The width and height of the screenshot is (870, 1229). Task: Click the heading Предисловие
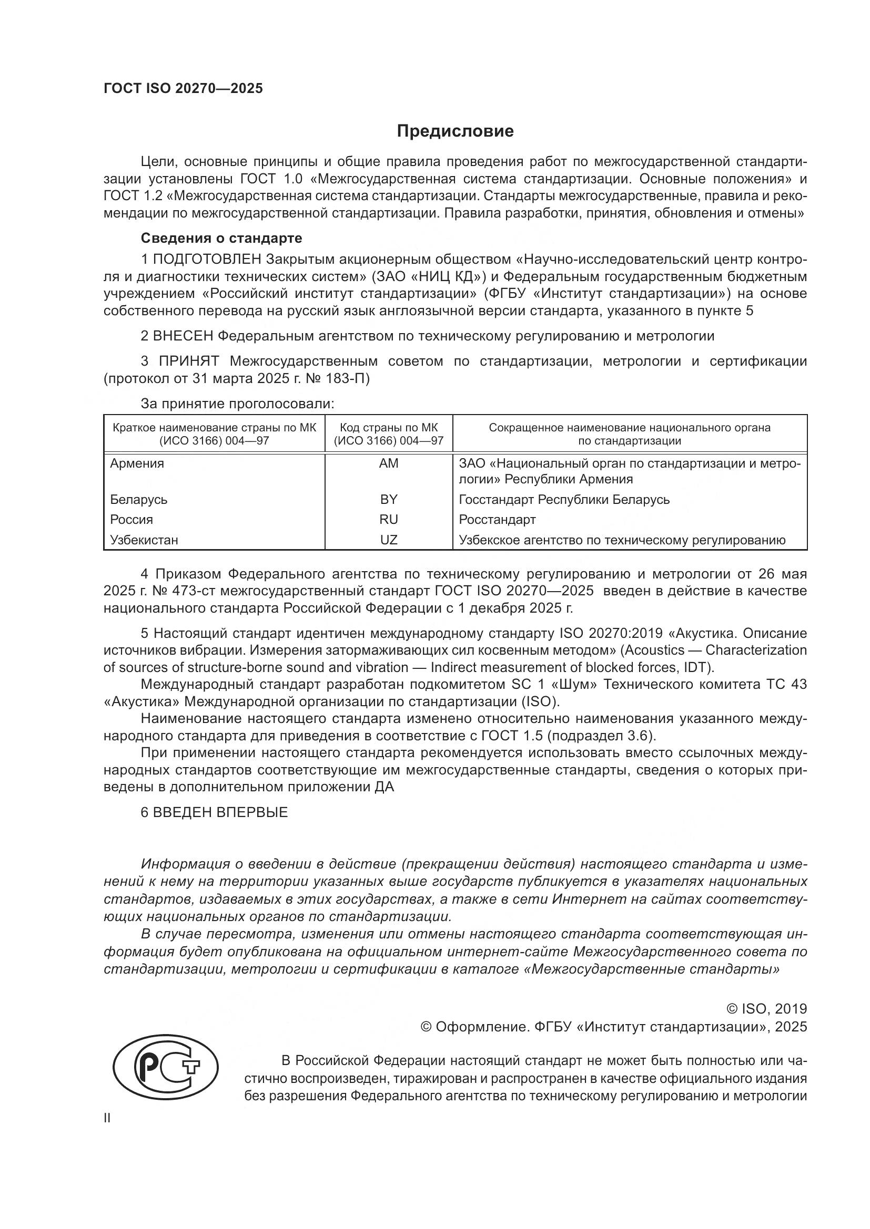click(x=455, y=131)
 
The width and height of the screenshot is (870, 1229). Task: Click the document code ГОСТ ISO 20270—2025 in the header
click(x=183, y=88)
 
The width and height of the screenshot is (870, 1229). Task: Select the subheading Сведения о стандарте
click(x=221, y=237)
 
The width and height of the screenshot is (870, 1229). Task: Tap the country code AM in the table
click(x=388, y=463)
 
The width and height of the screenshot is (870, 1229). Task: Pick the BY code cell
click(x=388, y=499)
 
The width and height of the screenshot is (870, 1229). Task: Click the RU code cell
click(x=388, y=520)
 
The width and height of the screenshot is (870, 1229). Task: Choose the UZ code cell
click(x=388, y=540)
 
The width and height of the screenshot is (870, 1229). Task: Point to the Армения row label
click(x=137, y=463)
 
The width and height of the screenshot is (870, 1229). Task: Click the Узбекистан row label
click(x=144, y=540)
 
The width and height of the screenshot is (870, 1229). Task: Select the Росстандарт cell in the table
click(x=497, y=520)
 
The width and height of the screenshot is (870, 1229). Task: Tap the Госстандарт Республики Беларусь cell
click(x=564, y=499)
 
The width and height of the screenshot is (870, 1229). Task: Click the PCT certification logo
click(x=166, y=1068)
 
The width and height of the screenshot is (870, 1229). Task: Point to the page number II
click(x=107, y=1118)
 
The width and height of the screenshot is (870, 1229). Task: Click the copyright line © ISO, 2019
click(x=766, y=1009)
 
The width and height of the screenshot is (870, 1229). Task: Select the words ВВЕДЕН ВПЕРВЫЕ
click(x=220, y=812)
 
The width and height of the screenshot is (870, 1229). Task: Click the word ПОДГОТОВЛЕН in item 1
click(x=207, y=260)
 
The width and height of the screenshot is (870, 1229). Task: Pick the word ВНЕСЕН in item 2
click(x=183, y=336)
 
